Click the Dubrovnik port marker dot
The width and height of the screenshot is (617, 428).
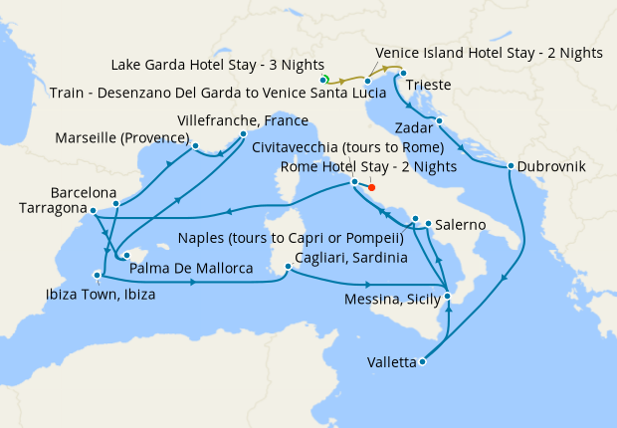coord(511,166)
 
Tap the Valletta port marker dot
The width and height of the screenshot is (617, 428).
coord(423,362)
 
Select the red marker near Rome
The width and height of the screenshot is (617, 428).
coord(371,186)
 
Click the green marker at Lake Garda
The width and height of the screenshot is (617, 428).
coord(324,79)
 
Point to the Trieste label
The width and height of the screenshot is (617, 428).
coord(430,86)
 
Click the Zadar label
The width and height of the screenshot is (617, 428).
coord(415,128)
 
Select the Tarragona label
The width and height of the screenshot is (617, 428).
coord(53,208)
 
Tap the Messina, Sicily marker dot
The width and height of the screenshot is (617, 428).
coord(448,297)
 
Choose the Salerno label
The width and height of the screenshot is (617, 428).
coord(460,225)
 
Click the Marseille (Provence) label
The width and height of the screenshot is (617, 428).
coord(122,136)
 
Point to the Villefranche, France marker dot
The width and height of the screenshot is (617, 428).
coord(244,132)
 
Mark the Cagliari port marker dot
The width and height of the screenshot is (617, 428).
coord(288,266)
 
